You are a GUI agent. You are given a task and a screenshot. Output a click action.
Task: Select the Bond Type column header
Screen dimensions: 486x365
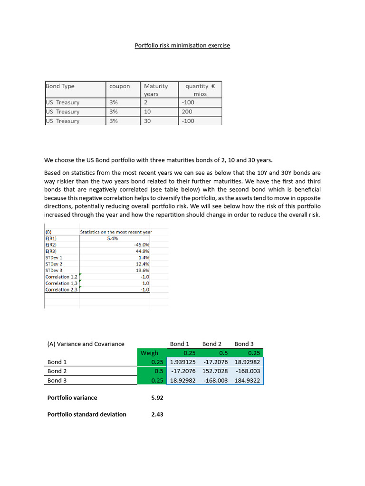[x=60, y=86]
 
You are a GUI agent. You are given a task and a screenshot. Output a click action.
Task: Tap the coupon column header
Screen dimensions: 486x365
[x=119, y=86]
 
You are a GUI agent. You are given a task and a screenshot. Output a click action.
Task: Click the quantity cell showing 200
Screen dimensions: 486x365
[x=187, y=112]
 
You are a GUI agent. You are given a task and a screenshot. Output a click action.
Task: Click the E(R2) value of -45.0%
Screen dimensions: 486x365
[x=142, y=245]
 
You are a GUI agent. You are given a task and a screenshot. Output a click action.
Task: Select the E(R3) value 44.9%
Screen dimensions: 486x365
[x=143, y=251]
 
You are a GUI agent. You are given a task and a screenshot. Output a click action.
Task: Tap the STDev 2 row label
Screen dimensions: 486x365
[x=54, y=264]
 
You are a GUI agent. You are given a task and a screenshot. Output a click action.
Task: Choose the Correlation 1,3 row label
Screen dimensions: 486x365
[x=61, y=283]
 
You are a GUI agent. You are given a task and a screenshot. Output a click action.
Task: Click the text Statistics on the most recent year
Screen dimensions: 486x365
[x=116, y=232]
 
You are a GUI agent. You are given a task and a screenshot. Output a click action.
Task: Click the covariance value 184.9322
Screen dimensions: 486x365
[x=247, y=381]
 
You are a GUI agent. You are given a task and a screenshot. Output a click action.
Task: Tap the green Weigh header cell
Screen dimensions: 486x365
[x=149, y=353]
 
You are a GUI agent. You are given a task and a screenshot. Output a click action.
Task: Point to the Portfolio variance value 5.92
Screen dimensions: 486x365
[x=157, y=398]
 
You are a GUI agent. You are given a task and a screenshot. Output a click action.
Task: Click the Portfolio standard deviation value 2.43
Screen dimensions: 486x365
[x=157, y=414]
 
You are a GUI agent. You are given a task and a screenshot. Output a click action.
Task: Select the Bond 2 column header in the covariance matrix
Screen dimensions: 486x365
[x=212, y=344]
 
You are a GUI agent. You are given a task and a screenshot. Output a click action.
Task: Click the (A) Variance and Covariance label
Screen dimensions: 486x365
[x=86, y=344]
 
